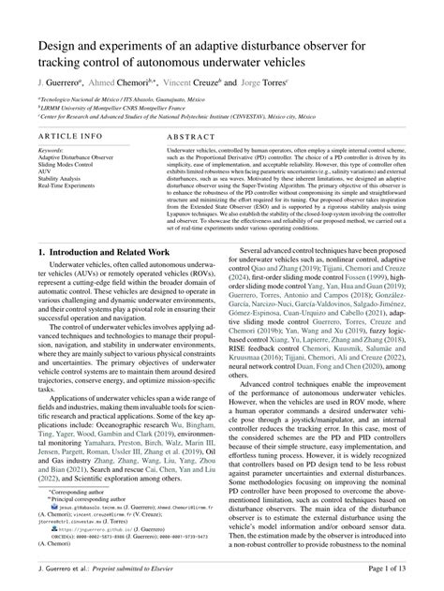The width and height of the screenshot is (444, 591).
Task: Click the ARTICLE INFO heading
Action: [x=71, y=135]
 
